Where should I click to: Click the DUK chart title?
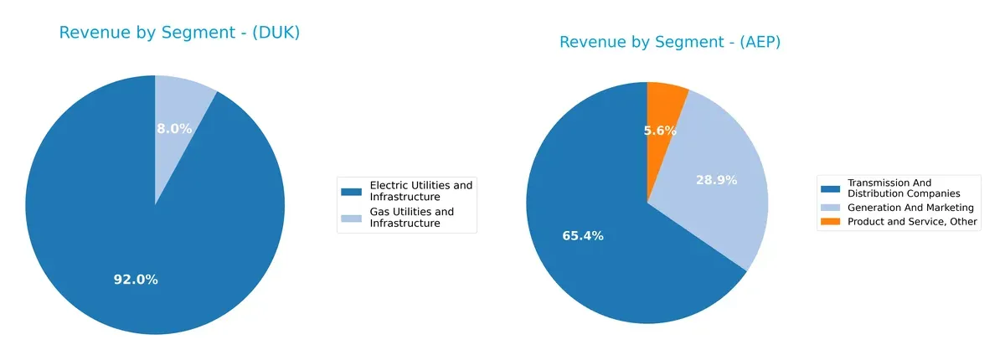coord(179,33)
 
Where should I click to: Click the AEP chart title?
coord(670,42)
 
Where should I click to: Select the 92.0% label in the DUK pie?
coord(136,280)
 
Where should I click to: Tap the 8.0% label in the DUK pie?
coord(174,129)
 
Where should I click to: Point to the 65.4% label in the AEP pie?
coord(582,236)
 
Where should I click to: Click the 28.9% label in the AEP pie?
coord(716,180)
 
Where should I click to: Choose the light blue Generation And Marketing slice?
coord(729,209)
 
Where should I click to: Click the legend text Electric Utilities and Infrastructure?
coord(420,190)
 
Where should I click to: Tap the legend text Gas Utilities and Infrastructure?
coord(411,218)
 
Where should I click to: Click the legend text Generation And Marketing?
coord(910,208)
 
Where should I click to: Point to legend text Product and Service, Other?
coord(912,222)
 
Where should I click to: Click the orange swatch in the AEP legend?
coord(831,222)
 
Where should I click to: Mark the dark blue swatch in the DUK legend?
coord(352,191)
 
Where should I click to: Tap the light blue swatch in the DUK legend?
coord(352,219)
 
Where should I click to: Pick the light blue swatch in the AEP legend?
coord(831,208)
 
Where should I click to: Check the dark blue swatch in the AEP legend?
coord(831,188)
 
